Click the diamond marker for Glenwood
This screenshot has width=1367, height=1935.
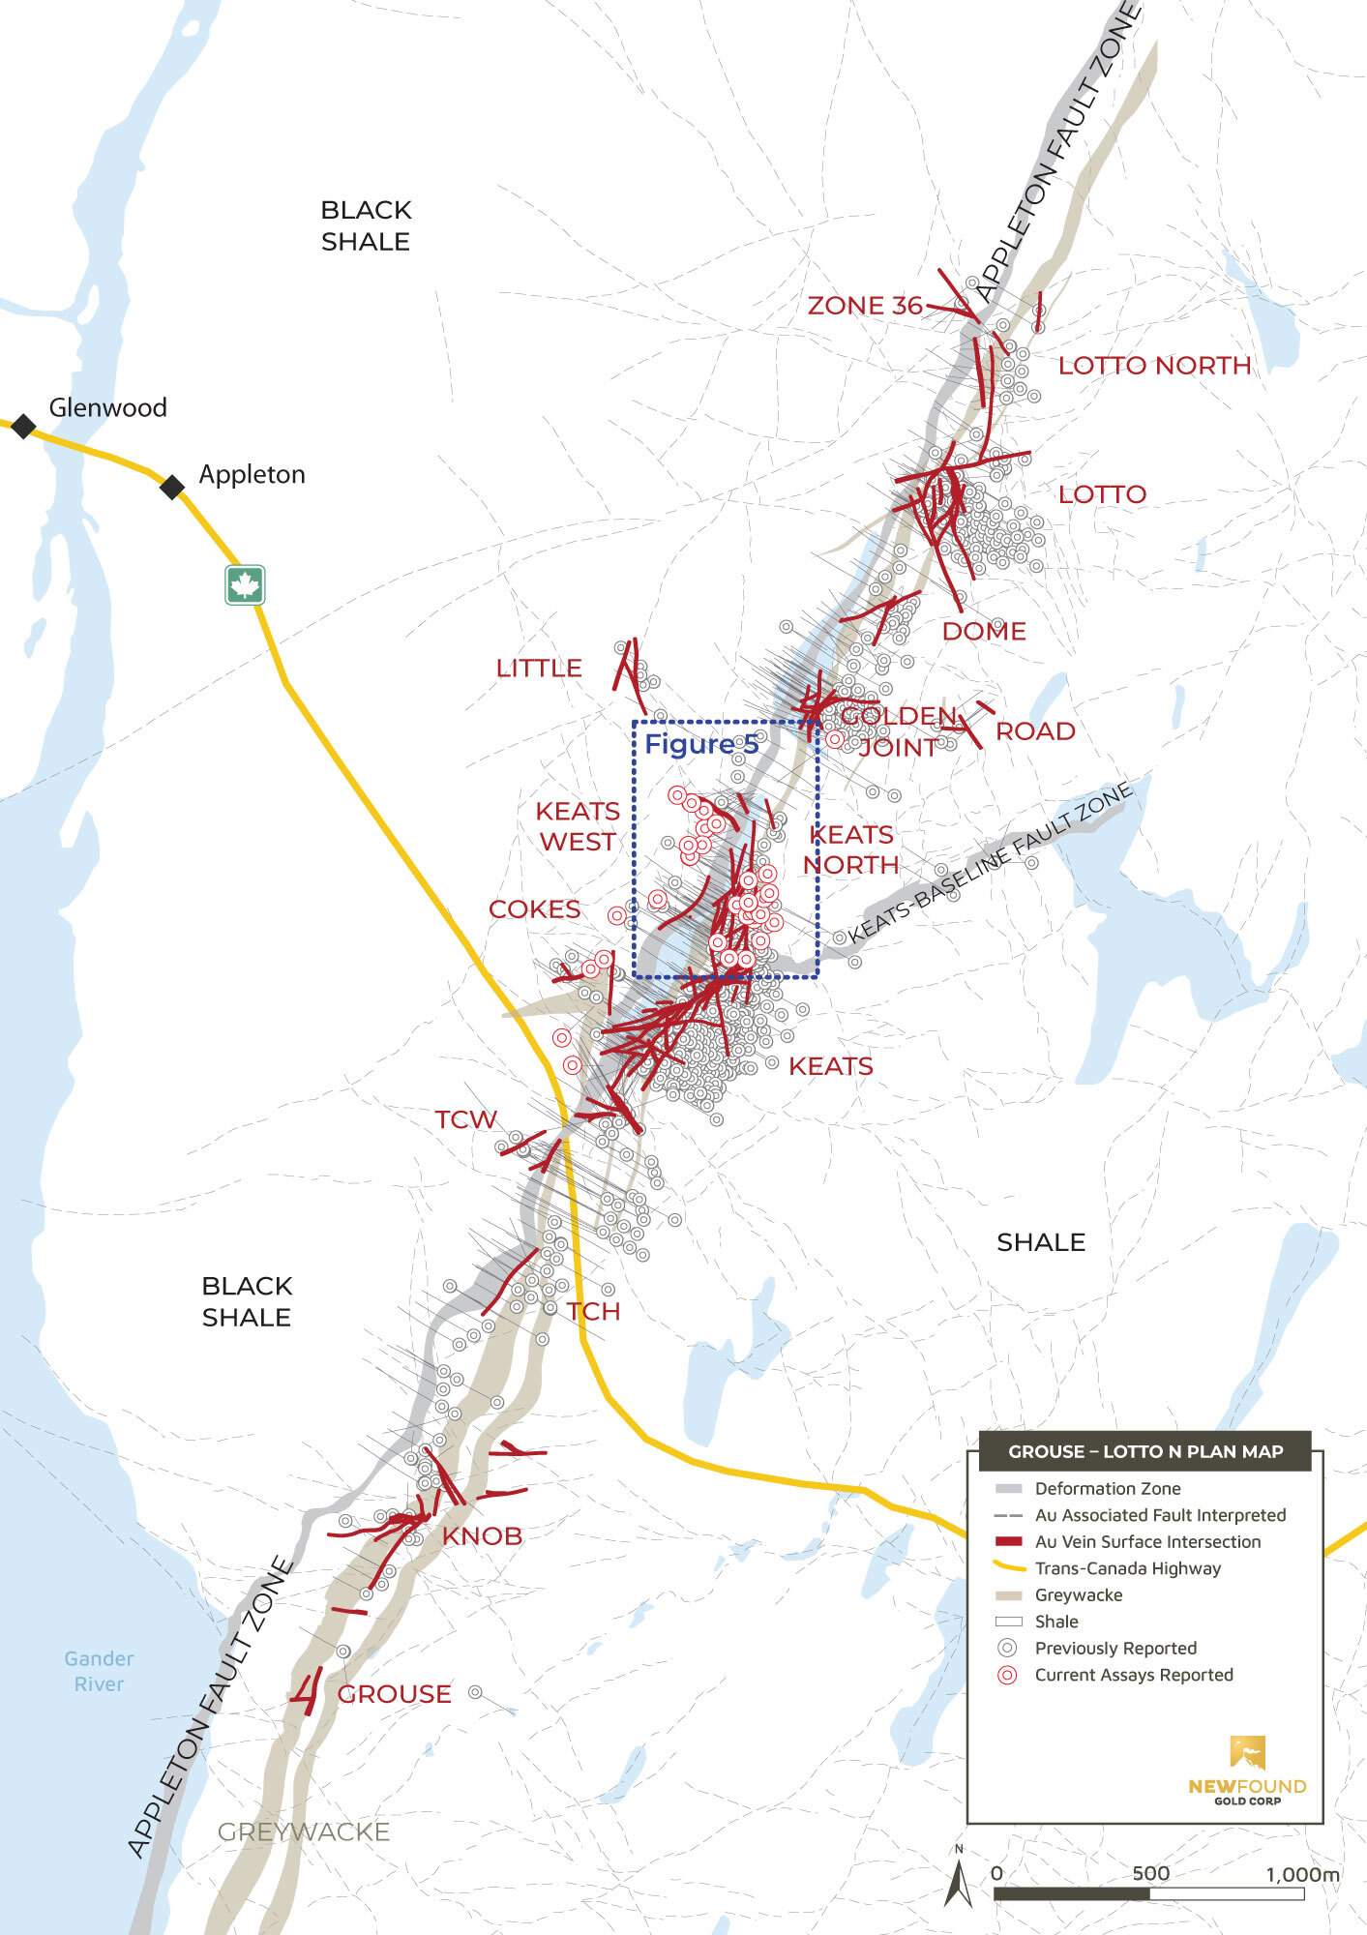point(23,426)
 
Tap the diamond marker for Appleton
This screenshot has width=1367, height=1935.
point(172,488)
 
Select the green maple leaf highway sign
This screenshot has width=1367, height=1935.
point(245,585)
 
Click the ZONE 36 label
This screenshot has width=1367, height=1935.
point(865,306)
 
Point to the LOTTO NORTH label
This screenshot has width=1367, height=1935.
point(1154,366)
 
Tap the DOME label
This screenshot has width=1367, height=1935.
point(984,631)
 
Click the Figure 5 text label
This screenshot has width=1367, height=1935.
point(701,744)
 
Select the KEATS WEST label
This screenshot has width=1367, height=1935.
point(578,826)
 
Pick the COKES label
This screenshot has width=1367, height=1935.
point(534,909)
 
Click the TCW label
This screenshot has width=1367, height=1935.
point(465,1119)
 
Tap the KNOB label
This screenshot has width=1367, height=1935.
point(482,1535)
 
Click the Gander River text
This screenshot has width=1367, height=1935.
point(99,1671)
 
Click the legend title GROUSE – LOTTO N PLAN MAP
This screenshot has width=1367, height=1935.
point(1145,1451)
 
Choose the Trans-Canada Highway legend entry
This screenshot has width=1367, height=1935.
point(1128,1568)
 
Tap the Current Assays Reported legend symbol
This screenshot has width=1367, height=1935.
point(1008,1676)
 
